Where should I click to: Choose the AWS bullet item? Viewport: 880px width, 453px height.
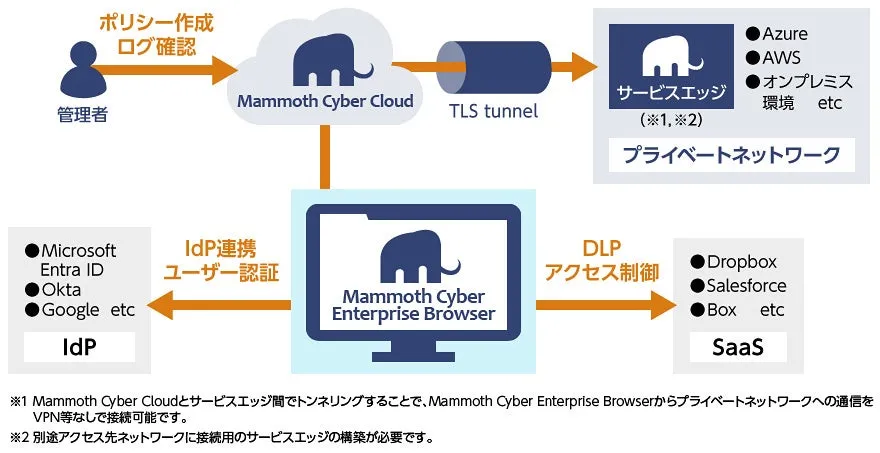(779, 57)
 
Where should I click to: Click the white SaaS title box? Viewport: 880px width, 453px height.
(738, 347)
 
